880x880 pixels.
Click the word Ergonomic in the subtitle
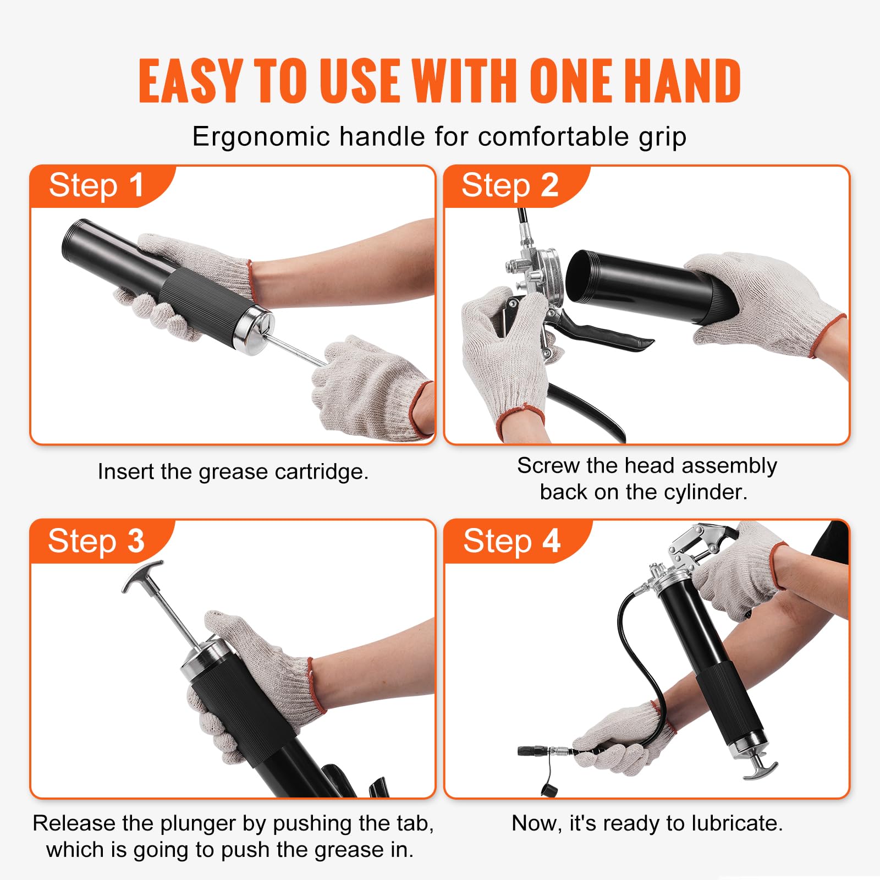tap(260, 136)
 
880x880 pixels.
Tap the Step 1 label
tap(97, 185)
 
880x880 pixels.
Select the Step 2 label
tap(510, 185)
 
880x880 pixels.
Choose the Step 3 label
tap(96, 541)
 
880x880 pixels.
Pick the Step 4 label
tap(512, 541)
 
